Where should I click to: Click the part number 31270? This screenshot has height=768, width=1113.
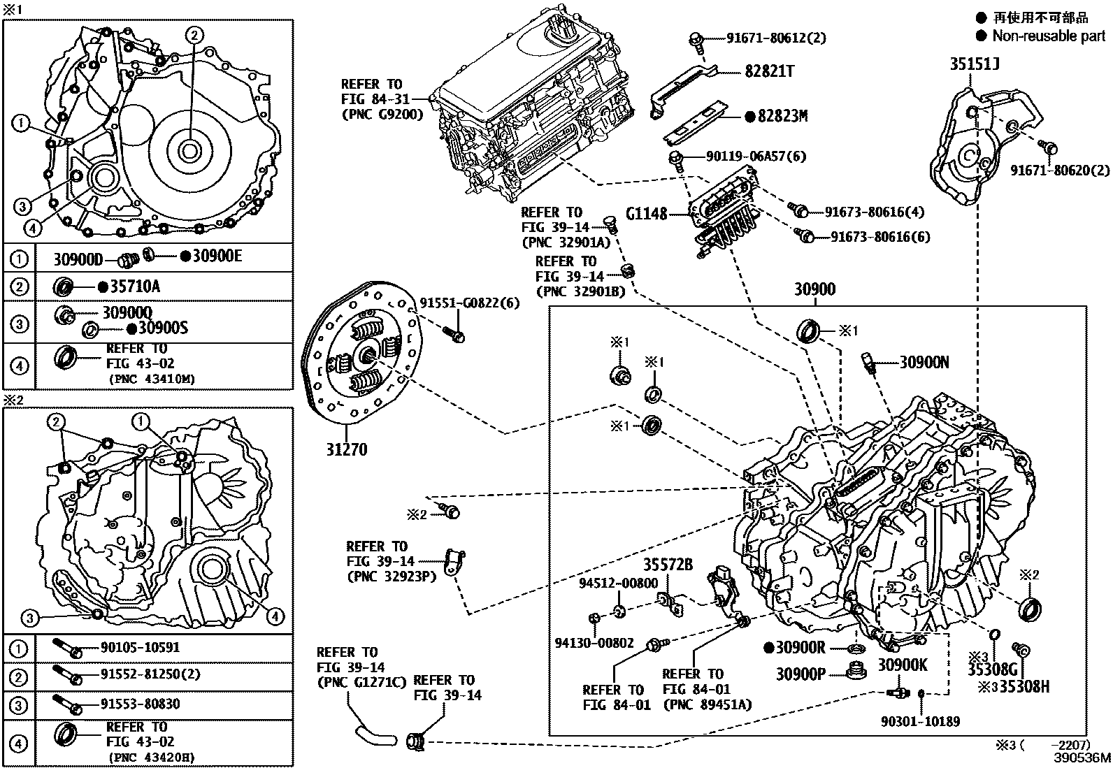pyautogui.click(x=346, y=449)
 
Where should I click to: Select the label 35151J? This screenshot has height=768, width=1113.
pyautogui.click(x=974, y=65)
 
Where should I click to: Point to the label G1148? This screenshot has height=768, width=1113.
pyautogui.click(x=647, y=213)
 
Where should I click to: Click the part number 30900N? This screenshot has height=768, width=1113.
pyautogui.click(x=924, y=362)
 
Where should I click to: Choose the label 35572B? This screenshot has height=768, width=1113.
pyautogui.click(x=668, y=564)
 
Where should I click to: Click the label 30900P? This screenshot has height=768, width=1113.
pyautogui.click(x=800, y=674)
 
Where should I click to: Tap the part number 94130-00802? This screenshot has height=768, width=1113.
pyautogui.click(x=595, y=642)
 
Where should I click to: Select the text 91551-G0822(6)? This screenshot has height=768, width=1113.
pyautogui.click(x=469, y=302)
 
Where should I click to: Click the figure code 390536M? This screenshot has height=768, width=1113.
pyautogui.click(x=1083, y=758)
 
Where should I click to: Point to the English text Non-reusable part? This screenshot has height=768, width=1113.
pyautogui.click(x=1049, y=36)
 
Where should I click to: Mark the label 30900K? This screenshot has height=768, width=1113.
pyautogui.click(x=903, y=665)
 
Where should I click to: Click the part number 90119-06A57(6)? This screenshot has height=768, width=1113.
pyautogui.click(x=746, y=156)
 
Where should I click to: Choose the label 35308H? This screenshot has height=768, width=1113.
pyautogui.click(x=1024, y=686)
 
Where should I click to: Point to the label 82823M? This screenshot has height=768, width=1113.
pyautogui.click(x=782, y=116)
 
